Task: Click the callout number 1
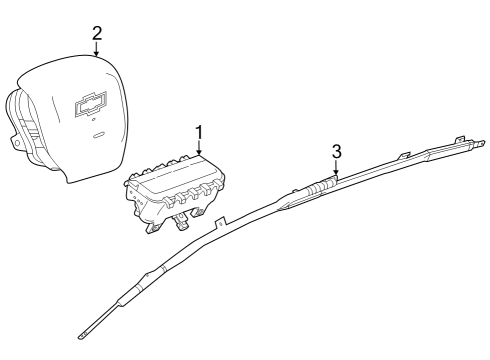point(199,132)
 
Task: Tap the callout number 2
point(96,33)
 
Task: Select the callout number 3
point(337,151)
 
